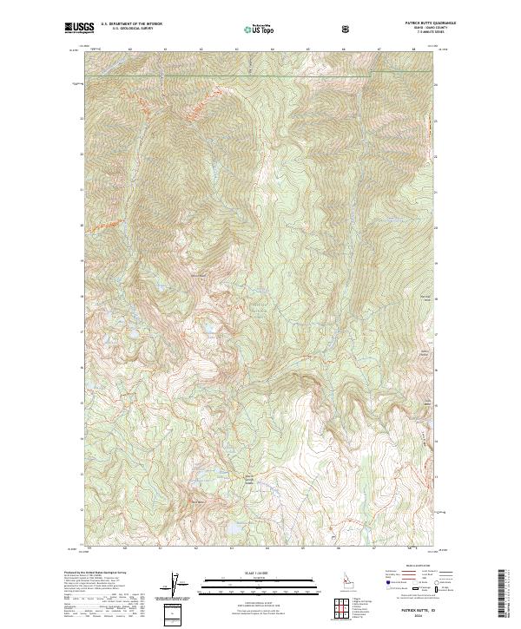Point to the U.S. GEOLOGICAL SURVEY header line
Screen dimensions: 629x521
coord(126,29)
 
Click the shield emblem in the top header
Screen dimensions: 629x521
coord(347,29)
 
